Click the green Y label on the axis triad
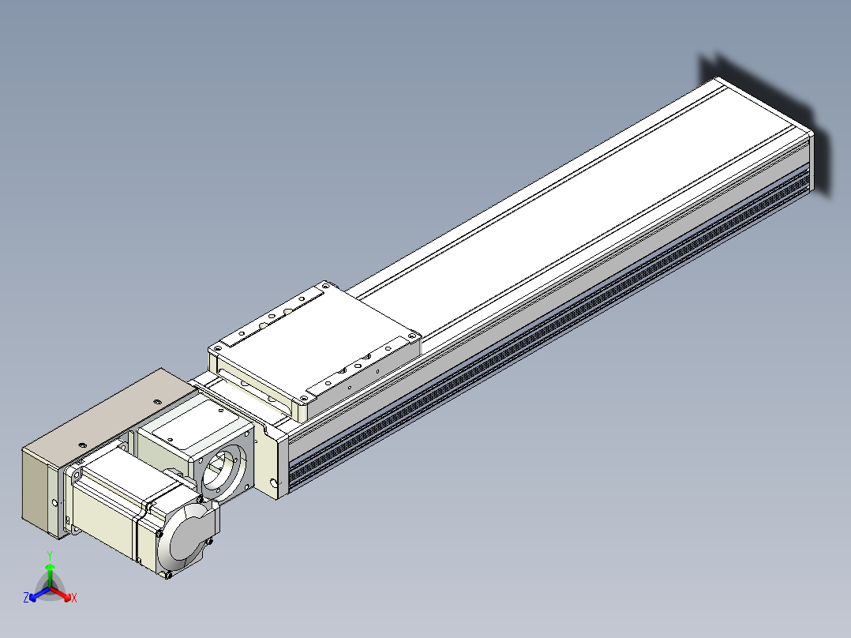(50, 555)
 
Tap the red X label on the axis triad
(74, 598)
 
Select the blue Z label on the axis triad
(26, 597)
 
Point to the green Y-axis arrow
(50, 575)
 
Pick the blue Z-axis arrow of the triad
(39, 594)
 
